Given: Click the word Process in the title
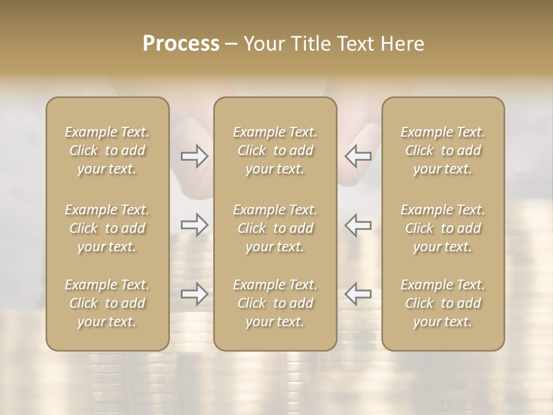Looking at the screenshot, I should pos(181,44).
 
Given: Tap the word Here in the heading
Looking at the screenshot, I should pos(402,44).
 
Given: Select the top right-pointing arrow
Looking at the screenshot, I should pos(194,156).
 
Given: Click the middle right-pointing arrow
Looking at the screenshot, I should pos(194,225).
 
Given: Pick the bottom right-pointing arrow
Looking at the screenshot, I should pos(194,294).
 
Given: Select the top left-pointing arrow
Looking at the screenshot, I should pos(358,156).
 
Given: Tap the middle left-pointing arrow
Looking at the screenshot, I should pos(358,225).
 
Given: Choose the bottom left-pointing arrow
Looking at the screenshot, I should pos(358,294).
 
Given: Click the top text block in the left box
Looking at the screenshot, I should pos(107,150).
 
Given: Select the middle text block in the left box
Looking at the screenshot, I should pos(107,228).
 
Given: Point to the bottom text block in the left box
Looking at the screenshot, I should pos(107,303).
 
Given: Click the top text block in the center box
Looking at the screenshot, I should pos(275,150).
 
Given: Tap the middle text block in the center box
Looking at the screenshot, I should pos(275,228).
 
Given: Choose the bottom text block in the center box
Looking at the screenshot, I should pos(275,303).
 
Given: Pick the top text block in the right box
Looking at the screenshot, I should pos(442,150).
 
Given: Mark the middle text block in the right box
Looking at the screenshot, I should pos(442,228).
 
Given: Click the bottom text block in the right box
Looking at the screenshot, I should pos(442,303).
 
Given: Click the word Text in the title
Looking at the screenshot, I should pos(355,44).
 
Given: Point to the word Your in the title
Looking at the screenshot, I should pos(264,44).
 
